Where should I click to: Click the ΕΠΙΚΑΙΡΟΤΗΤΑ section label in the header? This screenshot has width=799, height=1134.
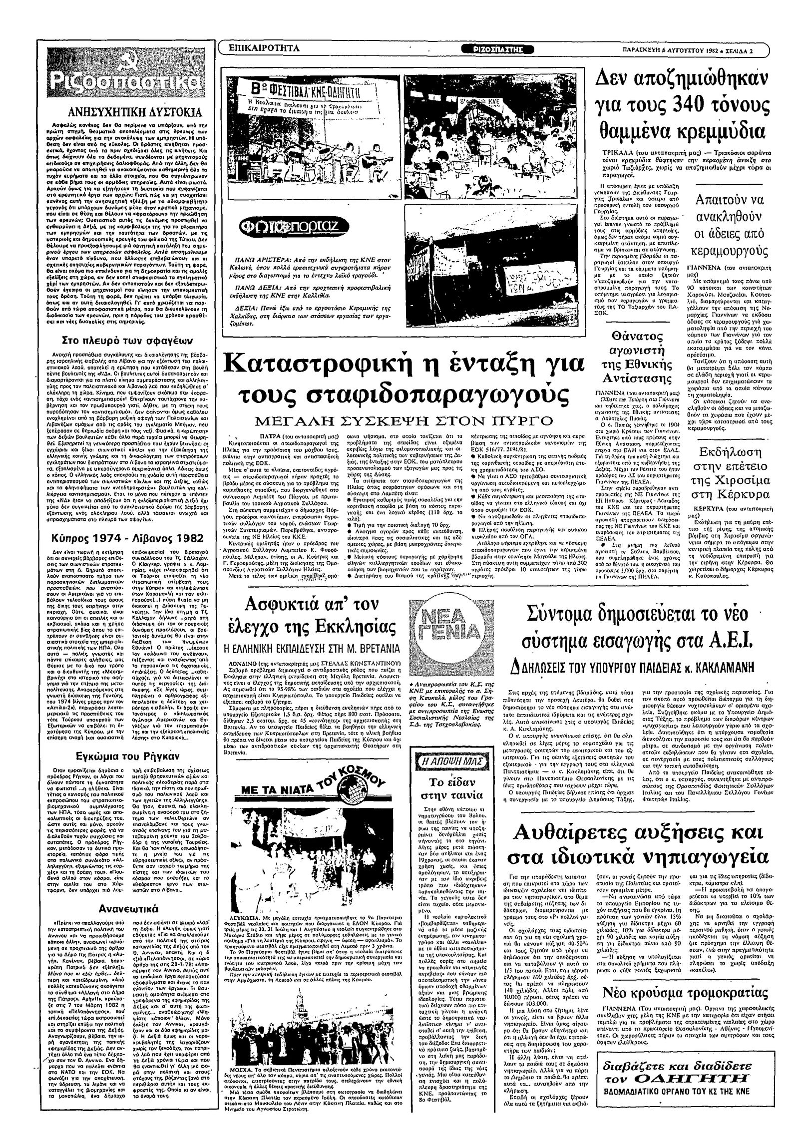click(x=263, y=48)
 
